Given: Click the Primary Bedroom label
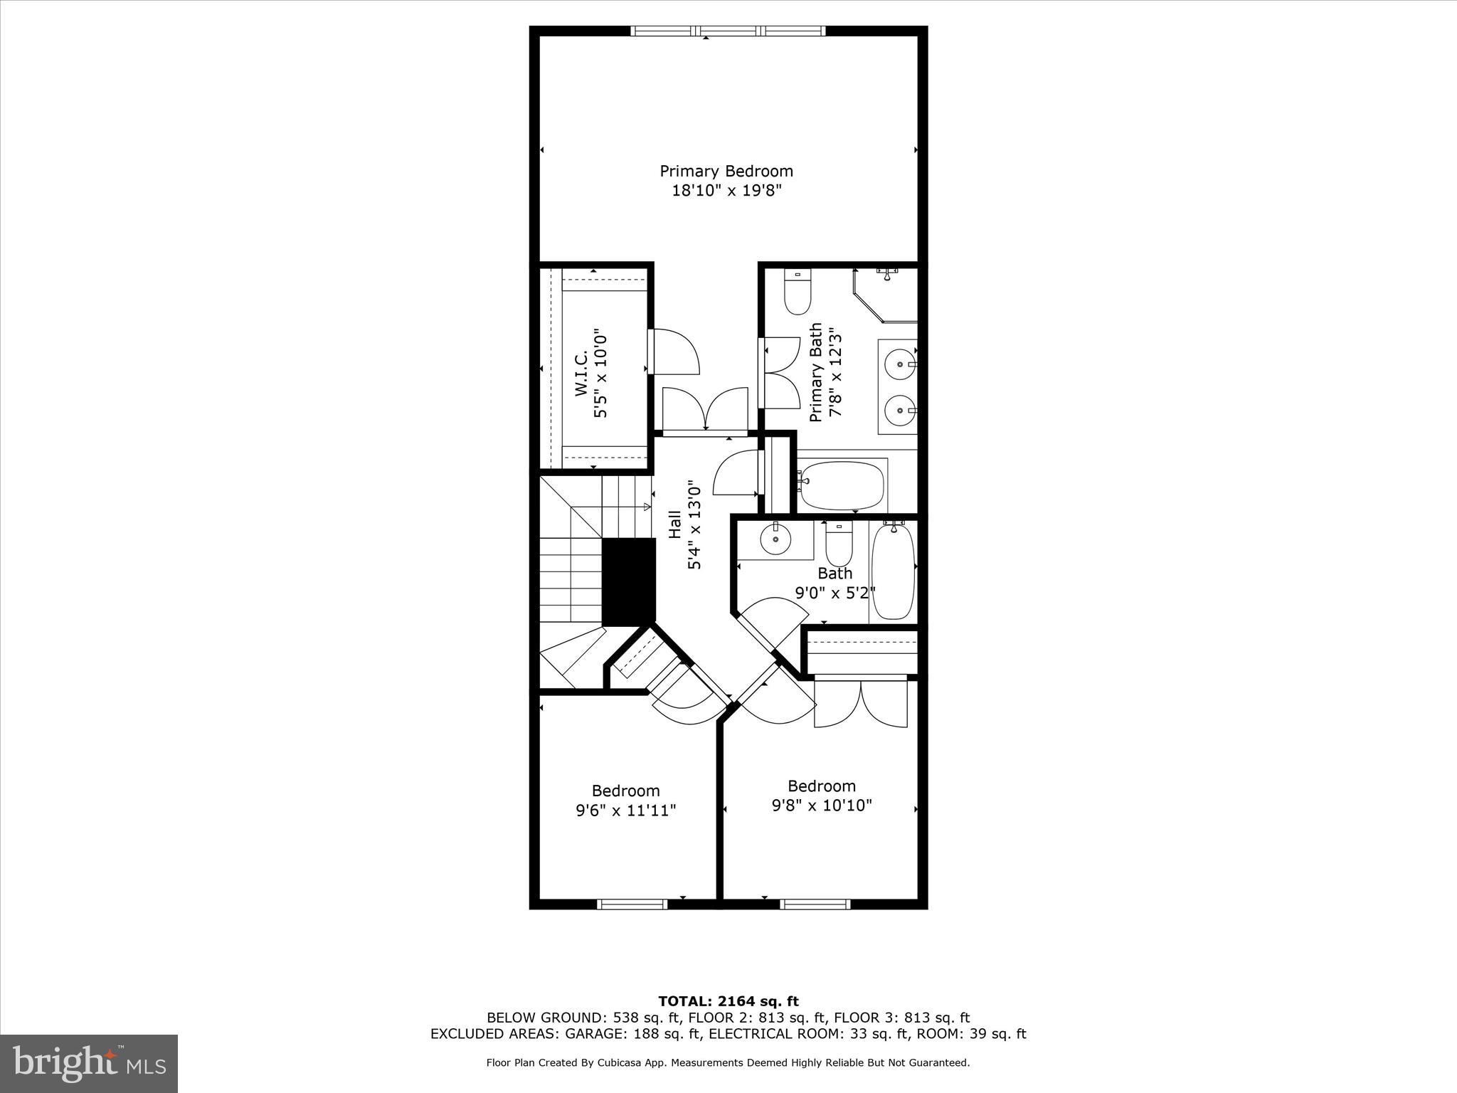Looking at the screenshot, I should click(726, 171).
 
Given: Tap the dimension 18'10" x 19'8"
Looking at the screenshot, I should click(726, 191).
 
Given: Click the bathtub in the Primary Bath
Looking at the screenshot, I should click(842, 486).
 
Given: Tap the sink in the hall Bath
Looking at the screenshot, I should click(775, 540).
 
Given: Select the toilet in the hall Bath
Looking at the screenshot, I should click(839, 545).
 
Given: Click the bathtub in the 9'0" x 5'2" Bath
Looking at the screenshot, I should click(893, 571).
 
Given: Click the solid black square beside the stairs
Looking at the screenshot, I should click(628, 581).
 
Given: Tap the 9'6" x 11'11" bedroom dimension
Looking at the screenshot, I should click(626, 810).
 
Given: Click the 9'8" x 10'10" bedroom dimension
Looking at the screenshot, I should click(822, 806).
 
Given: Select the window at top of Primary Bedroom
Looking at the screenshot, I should click(728, 31).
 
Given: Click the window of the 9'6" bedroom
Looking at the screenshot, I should click(632, 904).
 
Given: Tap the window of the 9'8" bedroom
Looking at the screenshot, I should click(815, 904).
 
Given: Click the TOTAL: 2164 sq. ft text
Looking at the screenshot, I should click(728, 1002).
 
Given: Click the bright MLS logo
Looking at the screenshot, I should click(89, 1063).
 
